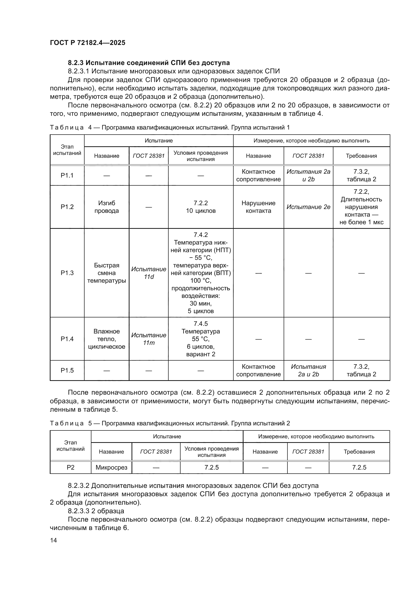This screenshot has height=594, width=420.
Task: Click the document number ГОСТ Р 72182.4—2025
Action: [87, 43]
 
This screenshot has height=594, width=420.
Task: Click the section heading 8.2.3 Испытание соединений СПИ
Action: [149, 63]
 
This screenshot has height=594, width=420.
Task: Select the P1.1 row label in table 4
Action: [67, 175]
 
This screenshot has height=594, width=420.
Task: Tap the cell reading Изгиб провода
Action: [107, 207]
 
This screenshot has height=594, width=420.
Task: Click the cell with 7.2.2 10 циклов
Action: [201, 207]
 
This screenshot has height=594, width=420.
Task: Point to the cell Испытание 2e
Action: [308, 207]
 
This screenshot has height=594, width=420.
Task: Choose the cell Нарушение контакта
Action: [258, 207]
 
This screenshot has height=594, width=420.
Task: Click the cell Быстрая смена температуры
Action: [107, 273]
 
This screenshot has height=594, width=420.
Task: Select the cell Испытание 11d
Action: [149, 273]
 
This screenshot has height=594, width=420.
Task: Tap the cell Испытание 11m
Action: [149, 339]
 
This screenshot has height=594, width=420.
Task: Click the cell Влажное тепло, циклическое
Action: [107, 339]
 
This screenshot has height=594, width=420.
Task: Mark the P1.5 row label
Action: [67, 371]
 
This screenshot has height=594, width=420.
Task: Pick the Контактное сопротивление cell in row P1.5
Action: [258, 371]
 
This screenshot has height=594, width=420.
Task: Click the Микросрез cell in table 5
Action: [111, 468]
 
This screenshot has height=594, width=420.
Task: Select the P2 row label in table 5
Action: [70, 468]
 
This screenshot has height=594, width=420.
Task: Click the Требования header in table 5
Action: [359, 452]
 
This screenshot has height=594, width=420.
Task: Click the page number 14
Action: [54, 540]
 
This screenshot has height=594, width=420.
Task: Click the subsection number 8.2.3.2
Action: [79, 486]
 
